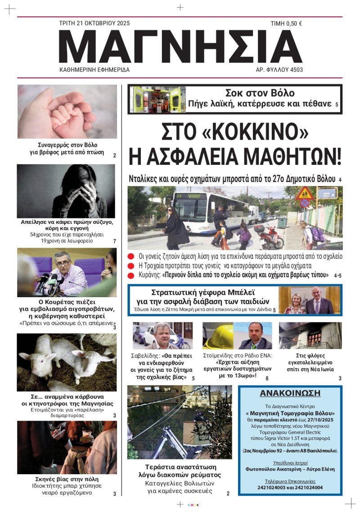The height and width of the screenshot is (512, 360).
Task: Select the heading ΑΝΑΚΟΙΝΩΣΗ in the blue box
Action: pos(290,393)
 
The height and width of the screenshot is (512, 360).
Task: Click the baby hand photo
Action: pos(67,111)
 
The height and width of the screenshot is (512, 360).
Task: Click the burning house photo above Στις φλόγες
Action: pos(310,336)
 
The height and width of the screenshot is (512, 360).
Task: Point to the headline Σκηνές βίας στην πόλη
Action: pos(67,479)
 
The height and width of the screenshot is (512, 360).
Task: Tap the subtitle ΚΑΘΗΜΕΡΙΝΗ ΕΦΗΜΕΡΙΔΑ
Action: pos(94,70)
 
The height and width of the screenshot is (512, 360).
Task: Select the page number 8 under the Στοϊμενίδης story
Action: pos(266,378)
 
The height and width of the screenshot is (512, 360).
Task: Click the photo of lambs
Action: pos(67,362)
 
